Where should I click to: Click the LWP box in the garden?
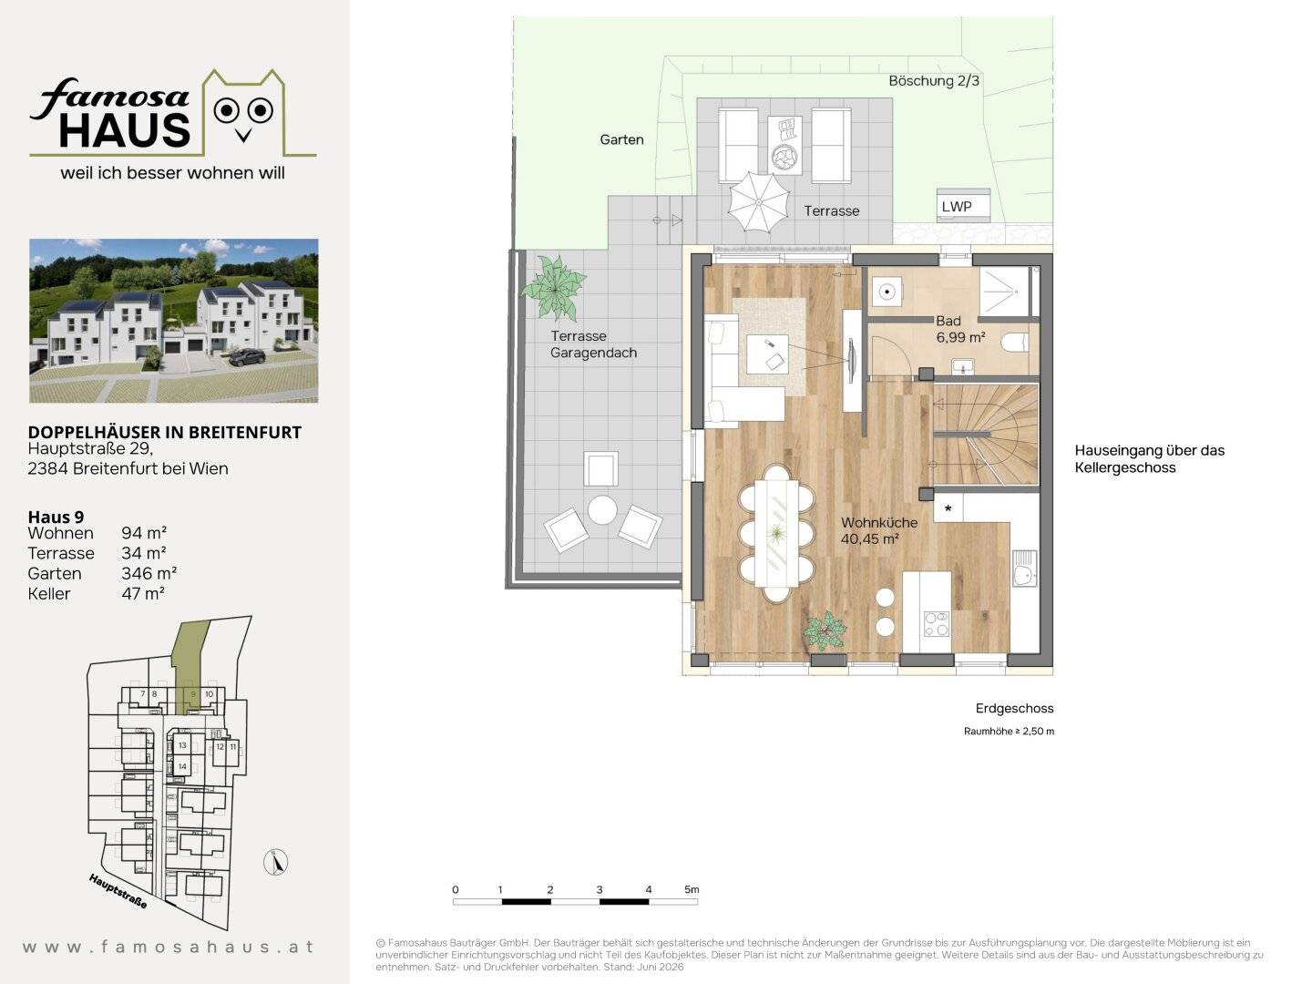[962, 206]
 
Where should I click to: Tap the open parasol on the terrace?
[759, 201]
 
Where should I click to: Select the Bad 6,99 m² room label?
[960, 329]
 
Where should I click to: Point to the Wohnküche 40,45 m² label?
[878, 530]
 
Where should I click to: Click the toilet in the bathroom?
[1015, 343]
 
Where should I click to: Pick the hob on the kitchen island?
[936, 623]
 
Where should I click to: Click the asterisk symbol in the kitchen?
[948, 509]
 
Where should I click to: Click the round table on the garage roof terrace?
[602, 510]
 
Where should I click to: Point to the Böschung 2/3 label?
[934, 81]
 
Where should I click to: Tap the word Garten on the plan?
[621, 139]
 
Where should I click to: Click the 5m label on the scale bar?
[692, 889]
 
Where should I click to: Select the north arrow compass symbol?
[275, 862]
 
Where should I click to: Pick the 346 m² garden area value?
[149, 574]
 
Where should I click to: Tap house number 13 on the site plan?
[182, 745]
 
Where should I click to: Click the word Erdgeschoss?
[1014, 709]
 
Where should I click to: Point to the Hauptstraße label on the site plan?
[118, 891]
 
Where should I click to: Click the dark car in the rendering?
[246, 356]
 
